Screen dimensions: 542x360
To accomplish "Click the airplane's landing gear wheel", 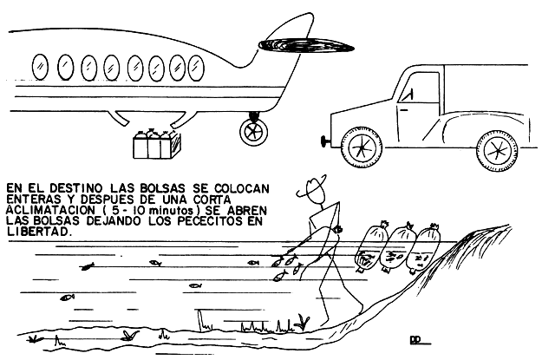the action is click(254, 132).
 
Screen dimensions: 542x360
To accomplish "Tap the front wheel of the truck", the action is click(362, 147).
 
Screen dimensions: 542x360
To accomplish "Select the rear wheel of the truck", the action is click(498, 151).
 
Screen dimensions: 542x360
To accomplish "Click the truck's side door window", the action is click(419, 88).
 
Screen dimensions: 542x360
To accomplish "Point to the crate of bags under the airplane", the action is click(157, 144).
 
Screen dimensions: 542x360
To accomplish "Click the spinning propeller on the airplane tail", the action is click(306, 45).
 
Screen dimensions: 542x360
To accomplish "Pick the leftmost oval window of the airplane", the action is click(40, 67).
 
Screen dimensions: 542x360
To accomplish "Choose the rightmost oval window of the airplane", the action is click(196, 67).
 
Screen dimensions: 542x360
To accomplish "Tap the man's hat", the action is click(312, 187).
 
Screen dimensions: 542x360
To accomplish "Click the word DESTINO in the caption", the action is click(76, 188).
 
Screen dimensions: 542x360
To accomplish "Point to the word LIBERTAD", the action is click(39, 232).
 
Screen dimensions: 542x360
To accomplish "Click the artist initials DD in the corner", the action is click(415, 340).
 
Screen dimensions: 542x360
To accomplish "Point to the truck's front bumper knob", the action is click(325, 141).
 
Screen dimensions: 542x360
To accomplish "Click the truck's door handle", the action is click(404, 110).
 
